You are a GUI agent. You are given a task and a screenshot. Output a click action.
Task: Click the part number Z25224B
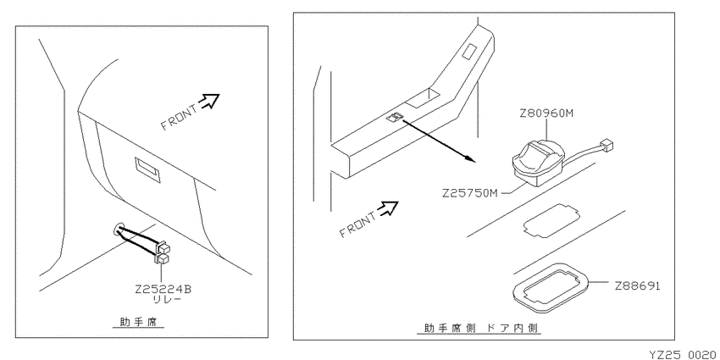(163, 291)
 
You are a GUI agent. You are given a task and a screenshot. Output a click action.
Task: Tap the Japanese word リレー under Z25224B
(167, 301)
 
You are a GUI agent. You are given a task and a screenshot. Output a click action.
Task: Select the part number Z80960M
(546, 113)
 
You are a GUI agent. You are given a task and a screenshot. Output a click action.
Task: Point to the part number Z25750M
(470, 193)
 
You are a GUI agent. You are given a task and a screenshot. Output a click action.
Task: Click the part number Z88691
(637, 286)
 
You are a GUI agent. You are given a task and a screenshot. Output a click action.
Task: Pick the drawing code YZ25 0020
(684, 354)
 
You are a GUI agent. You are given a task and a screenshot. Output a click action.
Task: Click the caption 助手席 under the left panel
(139, 322)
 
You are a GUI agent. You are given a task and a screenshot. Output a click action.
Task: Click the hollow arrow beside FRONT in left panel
(210, 101)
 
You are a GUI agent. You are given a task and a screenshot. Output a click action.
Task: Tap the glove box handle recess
(147, 170)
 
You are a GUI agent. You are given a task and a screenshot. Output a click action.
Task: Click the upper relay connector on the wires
(163, 248)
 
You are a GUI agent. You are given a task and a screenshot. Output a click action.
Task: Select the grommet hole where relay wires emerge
(119, 228)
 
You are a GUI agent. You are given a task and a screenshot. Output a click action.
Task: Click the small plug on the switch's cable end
(607, 146)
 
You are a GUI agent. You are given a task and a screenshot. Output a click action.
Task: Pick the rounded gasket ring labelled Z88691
(550, 287)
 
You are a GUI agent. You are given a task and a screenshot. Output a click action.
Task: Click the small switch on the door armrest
(395, 118)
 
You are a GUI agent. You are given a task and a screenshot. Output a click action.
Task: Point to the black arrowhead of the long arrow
(468, 158)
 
